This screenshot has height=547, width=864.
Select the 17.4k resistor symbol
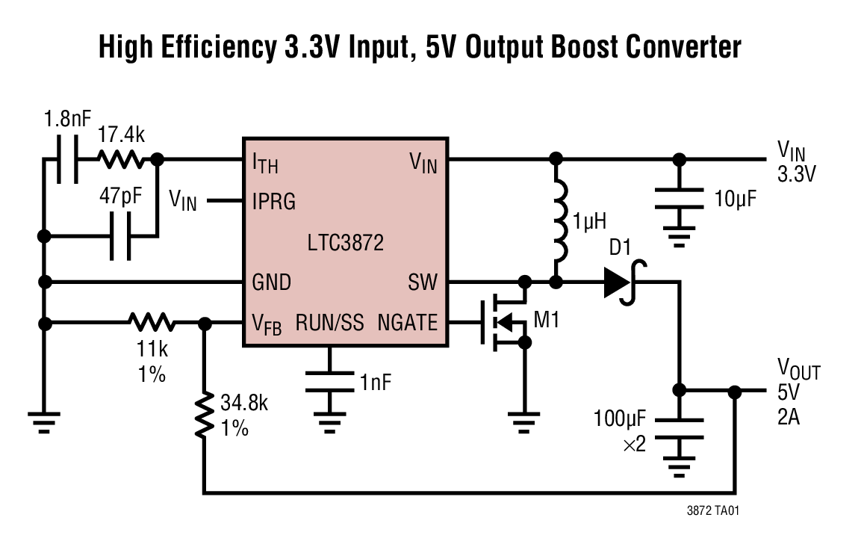(x=119, y=159)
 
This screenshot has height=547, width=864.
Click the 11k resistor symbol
(x=152, y=323)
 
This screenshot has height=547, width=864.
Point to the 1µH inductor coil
(x=556, y=220)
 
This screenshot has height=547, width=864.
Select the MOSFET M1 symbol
(x=504, y=323)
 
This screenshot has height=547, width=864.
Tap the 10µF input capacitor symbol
(x=679, y=198)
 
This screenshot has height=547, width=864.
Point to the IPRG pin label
(x=273, y=202)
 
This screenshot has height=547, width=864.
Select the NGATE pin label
(x=407, y=323)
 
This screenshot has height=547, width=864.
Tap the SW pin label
(x=423, y=282)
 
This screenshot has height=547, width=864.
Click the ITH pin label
(x=264, y=161)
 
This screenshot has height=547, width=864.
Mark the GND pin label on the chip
(x=271, y=282)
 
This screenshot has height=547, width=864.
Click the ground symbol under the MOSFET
(x=525, y=418)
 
